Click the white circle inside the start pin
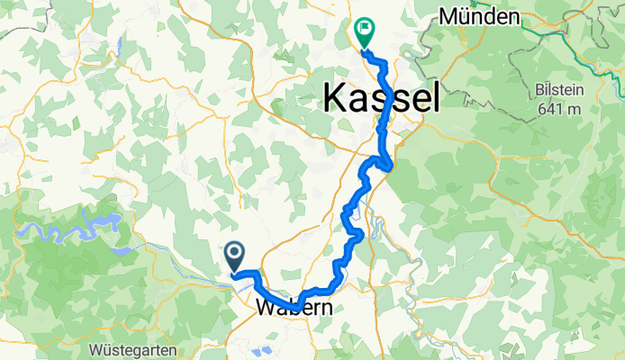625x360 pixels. coord(235,254)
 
